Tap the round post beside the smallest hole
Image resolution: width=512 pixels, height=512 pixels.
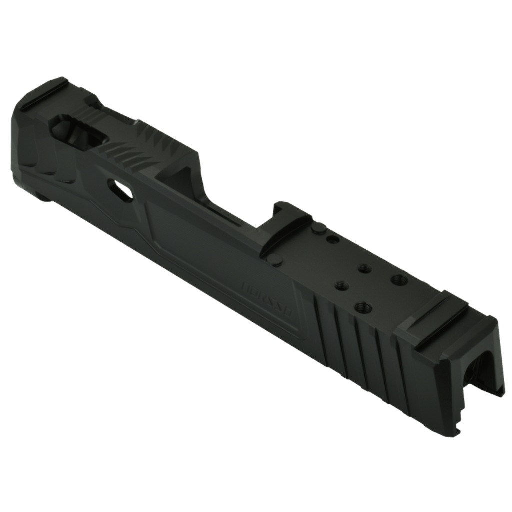coord(318,229)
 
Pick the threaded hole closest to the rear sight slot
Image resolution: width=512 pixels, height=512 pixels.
coord(398,278)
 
